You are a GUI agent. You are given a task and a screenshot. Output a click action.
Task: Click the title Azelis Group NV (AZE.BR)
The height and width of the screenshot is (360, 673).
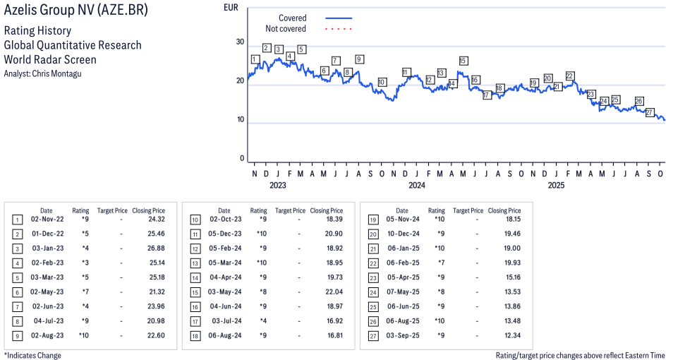[76, 12]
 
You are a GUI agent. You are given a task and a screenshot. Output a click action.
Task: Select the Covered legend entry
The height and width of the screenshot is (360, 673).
[293, 18]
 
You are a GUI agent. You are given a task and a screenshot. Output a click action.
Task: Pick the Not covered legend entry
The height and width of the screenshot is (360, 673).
[286, 29]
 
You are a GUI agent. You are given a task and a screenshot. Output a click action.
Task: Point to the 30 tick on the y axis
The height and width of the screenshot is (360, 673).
[240, 42]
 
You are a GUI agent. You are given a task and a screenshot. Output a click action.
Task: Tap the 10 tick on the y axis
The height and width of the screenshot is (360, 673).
[240, 119]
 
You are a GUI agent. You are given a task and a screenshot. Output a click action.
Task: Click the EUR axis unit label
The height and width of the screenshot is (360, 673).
[230, 8]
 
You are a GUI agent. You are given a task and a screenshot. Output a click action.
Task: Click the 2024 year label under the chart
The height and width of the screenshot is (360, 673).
[417, 186]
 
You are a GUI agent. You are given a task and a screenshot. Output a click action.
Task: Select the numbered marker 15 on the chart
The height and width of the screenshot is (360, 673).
[463, 61]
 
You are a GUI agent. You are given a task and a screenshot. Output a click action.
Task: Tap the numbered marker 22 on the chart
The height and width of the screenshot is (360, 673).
[569, 76]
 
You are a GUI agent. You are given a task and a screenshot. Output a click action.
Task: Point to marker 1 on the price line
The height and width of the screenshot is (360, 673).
[255, 59]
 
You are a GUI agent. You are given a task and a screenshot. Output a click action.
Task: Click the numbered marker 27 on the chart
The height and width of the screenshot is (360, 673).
[650, 113]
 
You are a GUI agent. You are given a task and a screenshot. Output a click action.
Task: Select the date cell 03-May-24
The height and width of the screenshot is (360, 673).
[224, 292]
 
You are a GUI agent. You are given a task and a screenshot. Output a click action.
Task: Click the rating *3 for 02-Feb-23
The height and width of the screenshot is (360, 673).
[85, 263]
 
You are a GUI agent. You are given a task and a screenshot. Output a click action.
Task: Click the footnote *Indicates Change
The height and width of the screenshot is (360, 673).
[32, 355]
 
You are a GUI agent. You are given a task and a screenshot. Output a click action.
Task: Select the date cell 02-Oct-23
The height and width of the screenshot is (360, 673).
[224, 219]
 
